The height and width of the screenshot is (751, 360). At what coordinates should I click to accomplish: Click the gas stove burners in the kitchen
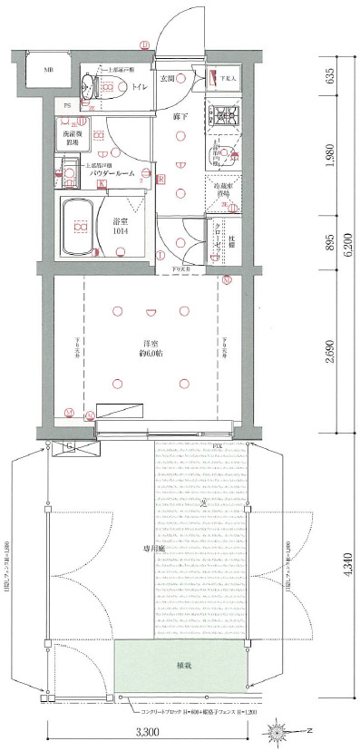[x=221, y=115]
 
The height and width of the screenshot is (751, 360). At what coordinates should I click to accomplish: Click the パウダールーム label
[x=113, y=172]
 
